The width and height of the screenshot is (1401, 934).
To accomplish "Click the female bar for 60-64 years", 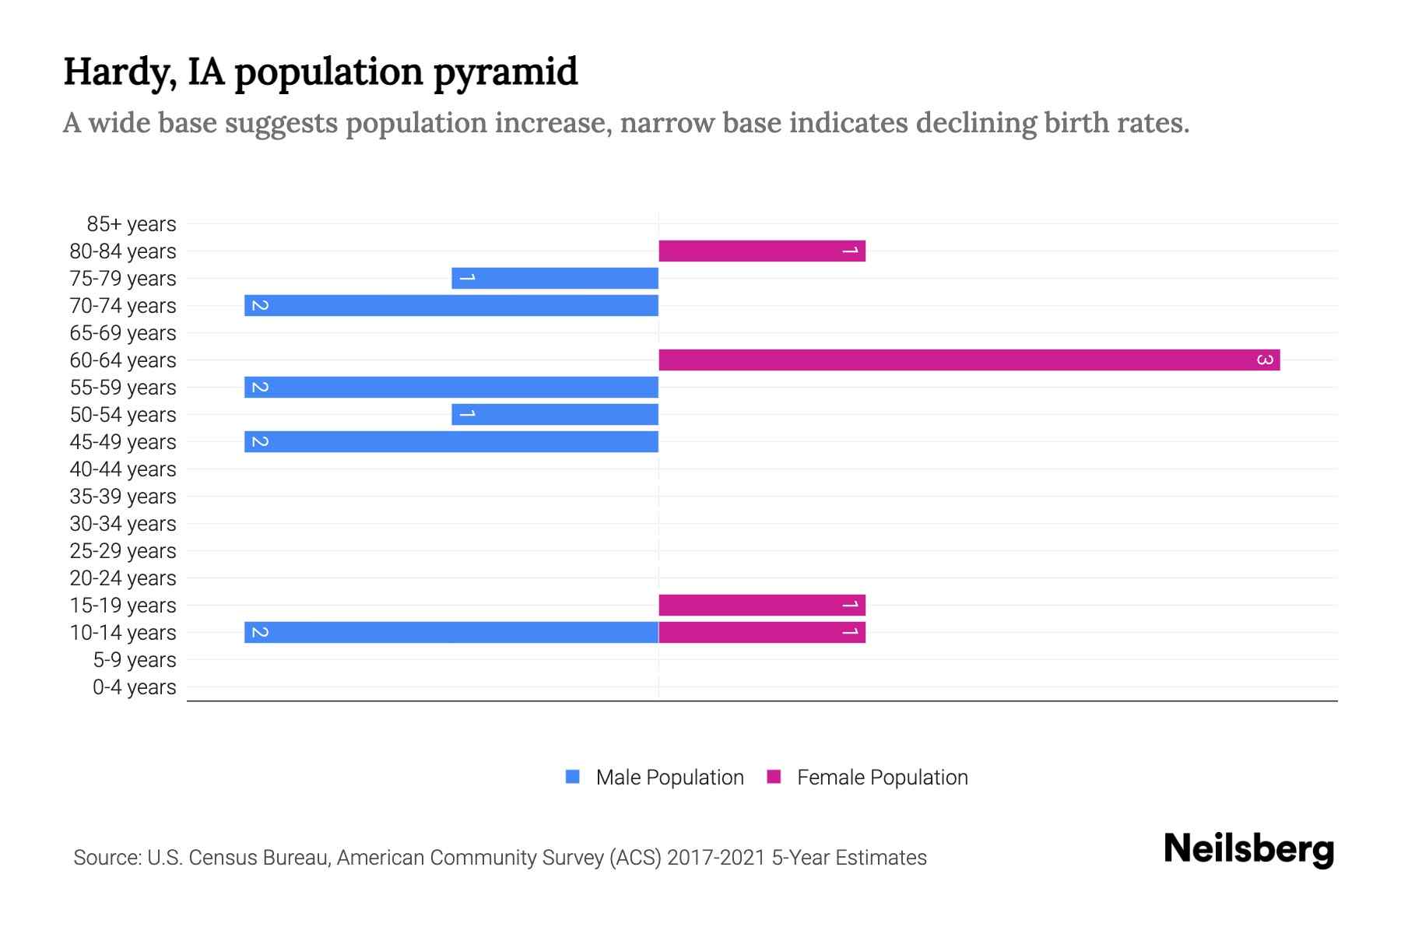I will (969, 360).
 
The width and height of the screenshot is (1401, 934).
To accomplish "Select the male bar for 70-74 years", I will (451, 305).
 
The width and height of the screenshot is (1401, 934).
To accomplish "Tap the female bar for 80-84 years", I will (761, 251).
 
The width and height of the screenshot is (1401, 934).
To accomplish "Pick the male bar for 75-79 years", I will (555, 278).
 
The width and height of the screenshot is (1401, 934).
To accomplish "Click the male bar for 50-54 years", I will (555, 414).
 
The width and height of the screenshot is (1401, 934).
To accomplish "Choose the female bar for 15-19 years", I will (761, 605).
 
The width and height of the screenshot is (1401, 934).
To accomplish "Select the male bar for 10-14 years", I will (451, 632).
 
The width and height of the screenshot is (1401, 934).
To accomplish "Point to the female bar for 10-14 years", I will (761, 632).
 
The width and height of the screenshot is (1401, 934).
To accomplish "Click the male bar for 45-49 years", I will (451, 441).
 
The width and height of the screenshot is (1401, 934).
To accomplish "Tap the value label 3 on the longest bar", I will (1265, 360).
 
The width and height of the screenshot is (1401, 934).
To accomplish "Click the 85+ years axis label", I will (131, 224).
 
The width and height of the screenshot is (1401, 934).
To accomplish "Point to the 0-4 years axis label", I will (134, 687).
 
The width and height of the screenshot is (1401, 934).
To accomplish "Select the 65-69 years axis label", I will (123, 333).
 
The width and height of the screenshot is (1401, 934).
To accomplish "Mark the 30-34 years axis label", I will (123, 524).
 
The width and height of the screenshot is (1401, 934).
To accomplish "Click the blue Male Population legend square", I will (573, 777).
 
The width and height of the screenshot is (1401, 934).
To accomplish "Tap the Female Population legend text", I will (882, 778).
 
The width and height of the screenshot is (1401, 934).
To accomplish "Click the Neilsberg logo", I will (1248, 849).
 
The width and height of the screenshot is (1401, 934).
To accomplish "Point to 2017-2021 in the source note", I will (716, 858).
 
